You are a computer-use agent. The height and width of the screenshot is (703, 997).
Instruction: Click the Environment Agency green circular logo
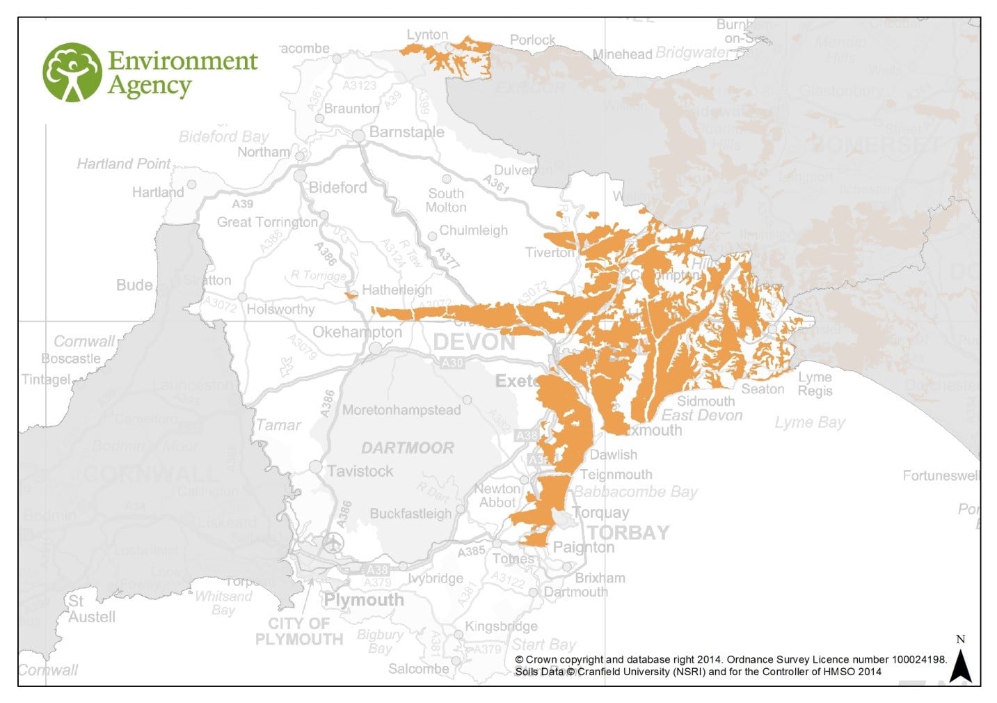point(72,72)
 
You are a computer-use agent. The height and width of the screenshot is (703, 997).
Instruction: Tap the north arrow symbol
point(960,665)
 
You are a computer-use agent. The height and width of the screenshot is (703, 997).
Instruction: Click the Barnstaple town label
point(406,132)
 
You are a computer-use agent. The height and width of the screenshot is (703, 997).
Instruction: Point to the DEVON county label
point(474,342)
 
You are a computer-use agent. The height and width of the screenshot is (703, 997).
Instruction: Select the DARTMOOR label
point(407,448)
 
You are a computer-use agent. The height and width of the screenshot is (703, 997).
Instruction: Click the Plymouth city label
point(363,600)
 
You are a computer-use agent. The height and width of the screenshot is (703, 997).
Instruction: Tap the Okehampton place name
point(357,332)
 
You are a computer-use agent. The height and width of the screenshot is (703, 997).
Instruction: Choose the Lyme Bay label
point(810,422)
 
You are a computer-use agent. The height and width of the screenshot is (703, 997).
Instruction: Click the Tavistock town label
point(360,471)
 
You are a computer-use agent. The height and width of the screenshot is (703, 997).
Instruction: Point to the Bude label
point(134,285)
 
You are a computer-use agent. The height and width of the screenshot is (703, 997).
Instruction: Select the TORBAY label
point(628,533)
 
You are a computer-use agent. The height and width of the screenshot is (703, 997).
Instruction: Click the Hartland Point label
point(123,164)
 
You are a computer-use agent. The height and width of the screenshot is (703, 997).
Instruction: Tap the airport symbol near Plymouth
point(334,543)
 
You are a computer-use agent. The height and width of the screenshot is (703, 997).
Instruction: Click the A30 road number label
point(452,363)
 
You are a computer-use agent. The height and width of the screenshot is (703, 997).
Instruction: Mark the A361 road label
point(497,184)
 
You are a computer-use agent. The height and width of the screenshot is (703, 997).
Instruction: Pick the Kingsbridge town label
point(501,626)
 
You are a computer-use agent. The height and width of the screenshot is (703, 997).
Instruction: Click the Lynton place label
point(427,35)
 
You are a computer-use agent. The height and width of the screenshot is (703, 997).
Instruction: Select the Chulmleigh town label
point(473,230)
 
